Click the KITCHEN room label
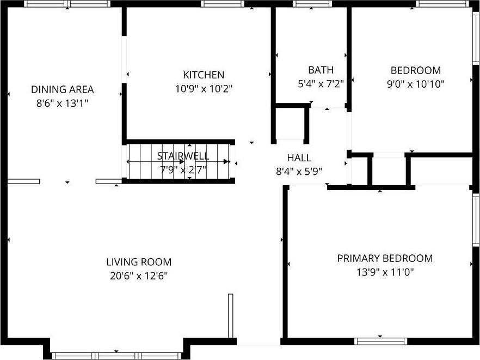pyautogui.click(x=203, y=75)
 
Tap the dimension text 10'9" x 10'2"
pyautogui.click(x=203, y=89)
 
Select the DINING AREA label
pyautogui.click(x=62, y=89)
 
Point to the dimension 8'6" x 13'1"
pyautogui.click(x=62, y=103)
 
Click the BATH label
pyautogui.click(x=321, y=70)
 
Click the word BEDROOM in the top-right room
pyautogui.click(x=415, y=70)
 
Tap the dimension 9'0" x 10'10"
pyautogui.click(x=415, y=84)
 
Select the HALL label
pyautogui.click(x=299, y=158)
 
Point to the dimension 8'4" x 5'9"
pyautogui.click(x=299, y=171)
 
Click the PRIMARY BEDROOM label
pyautogui.click(x=385, y=258)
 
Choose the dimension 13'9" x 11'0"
pyautogui.click(x=385, y=272)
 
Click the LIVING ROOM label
pyautogui.click(x=138, y=262)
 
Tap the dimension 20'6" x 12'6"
pyautogui.click(x=138, y=276)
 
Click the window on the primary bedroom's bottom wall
pyautogui.click(x=380, y=341)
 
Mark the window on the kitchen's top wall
pyautogui.click(x=222, y=4)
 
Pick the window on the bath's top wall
pyautogui.click(x=312, y=4)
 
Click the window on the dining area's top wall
pyautogui.click(x=68, y=4)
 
